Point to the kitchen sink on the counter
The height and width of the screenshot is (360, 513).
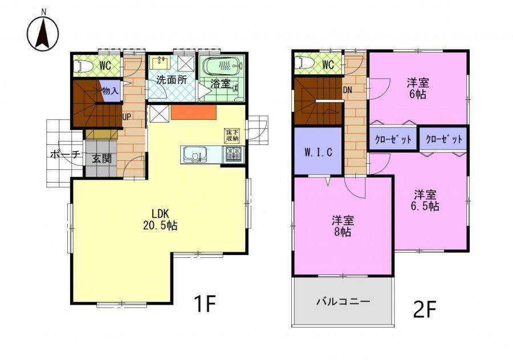[195, 155]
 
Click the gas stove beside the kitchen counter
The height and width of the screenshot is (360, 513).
[233, 155]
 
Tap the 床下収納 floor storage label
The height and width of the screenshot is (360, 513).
[231, 136]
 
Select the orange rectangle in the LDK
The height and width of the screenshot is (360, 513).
[193, 112]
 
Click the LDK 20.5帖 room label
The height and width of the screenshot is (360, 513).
[160, 219]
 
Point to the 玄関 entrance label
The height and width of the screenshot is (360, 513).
[102, 159]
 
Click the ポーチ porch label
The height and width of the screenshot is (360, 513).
[66, 154]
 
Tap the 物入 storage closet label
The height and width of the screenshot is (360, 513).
[110, 91]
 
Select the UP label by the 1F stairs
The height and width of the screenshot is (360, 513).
[127, 116]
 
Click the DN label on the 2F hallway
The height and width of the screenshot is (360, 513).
[348, 90]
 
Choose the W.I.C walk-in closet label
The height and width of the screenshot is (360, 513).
[318, 152]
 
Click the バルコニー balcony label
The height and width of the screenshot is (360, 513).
[343, 301]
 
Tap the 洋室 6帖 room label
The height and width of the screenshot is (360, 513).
[418, 88]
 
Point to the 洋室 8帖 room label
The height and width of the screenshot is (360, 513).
[343, 226]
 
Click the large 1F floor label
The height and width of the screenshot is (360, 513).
[205, 304]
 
